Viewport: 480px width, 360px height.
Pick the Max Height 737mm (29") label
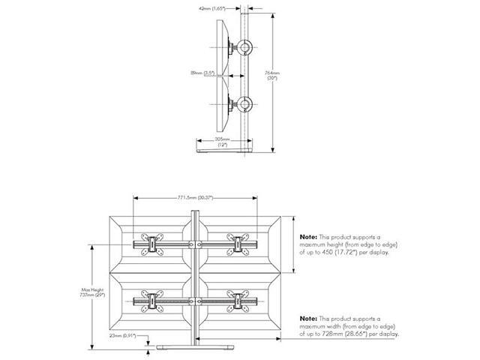(x=94, y=292)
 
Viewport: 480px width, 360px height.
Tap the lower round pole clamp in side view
(x=246, y=104)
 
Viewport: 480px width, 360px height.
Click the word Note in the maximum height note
(x=308, y=236)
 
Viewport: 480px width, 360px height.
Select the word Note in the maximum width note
(x=308, y=319)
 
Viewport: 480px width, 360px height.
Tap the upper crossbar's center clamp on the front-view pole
(x=196, y=244)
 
